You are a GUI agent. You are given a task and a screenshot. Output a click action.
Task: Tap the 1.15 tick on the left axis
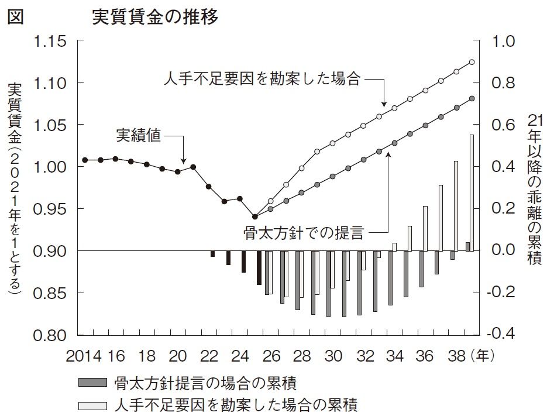tap(51, 42)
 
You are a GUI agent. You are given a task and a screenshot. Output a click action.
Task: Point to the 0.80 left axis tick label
tap(51, 335)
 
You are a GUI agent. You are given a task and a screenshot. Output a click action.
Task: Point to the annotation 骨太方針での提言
tap(302, 233)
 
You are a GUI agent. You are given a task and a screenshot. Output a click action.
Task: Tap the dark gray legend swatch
tap(92, 383)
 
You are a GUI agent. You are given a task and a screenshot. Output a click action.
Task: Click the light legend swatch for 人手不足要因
tap(92, 404)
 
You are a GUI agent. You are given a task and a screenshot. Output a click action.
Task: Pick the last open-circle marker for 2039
tap(472, 62)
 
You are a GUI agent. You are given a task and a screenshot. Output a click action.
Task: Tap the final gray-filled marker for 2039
tap(472, 99)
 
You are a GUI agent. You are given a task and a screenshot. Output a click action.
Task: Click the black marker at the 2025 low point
tap(255, 216)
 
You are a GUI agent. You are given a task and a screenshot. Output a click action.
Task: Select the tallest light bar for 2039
tap(472, 193)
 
